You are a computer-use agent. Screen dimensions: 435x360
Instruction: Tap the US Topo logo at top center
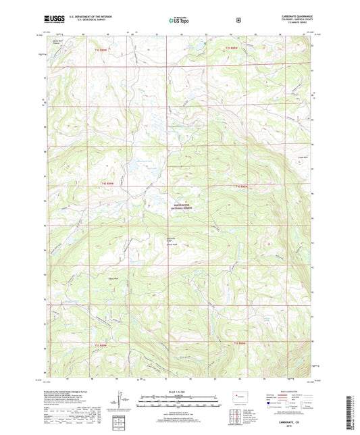click(180, 21)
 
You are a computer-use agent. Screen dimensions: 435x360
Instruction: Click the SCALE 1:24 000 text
click(180, 392)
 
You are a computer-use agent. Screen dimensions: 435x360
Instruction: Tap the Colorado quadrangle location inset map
click(238, 397)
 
